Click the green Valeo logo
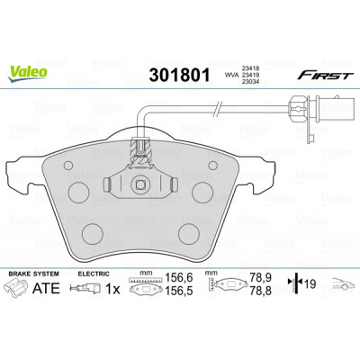tap(28, 73)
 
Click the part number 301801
tap(179, 76)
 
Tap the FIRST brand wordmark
tap(325, 76)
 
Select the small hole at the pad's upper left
tap(68, 166)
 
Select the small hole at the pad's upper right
tap(212, 165)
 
